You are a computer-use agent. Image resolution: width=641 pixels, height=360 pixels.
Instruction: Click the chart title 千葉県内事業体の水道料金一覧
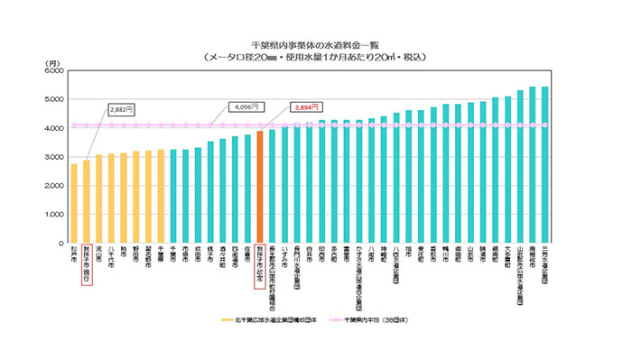coord(320,43)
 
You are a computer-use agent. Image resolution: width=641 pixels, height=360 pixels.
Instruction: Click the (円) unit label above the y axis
coord(51,61)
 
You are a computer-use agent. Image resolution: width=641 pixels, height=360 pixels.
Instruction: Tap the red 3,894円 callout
coord(307,106)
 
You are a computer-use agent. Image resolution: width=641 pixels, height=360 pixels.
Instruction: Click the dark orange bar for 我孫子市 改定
coord(259,187)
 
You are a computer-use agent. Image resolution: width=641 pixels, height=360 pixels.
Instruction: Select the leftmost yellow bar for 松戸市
coord(74,203)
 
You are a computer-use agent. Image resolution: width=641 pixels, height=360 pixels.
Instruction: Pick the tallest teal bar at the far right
coord(544,165)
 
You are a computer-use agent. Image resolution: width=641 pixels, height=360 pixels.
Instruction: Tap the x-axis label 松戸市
coord(74,255)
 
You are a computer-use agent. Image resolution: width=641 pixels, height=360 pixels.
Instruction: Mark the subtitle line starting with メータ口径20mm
coord(320,56)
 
